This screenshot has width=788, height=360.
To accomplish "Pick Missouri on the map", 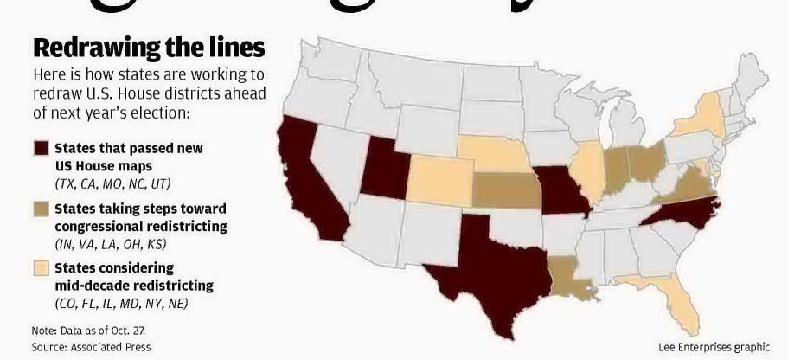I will (562, 192).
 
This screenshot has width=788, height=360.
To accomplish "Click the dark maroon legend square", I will (40, 148).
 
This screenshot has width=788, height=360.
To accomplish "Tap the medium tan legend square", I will (40, 209).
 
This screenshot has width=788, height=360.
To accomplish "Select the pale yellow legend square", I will (40, 268).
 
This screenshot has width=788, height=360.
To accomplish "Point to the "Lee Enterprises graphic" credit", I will (713, 346).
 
